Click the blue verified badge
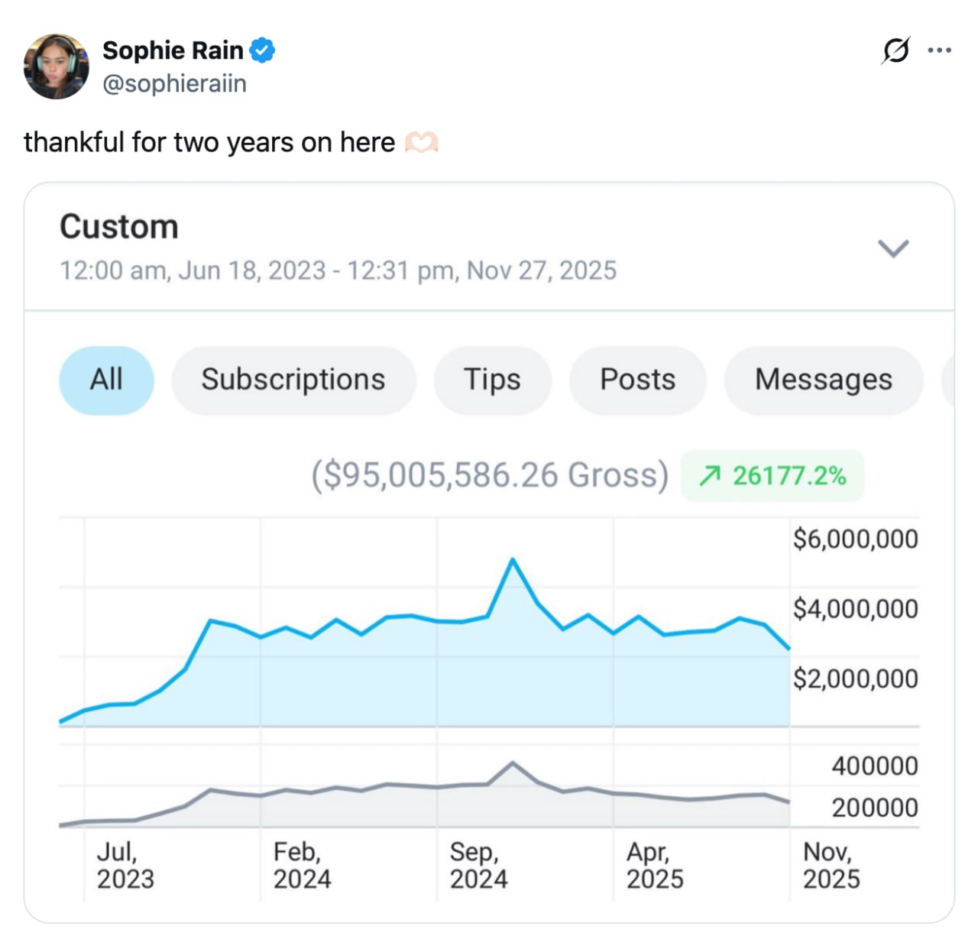pyautogui.click(x=262, y=50)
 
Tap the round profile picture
pyautogui.click(x=57, y=66)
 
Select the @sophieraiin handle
pyautogui.click(x=174, y=83)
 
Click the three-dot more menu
pyautogui.click(x=939, y=50)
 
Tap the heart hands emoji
pyautogui.click(x=421, y=143)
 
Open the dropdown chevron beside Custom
pyautogui.click(x=892, y=248)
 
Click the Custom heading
pyautogui.click(x=119, y=227)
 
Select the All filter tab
pyautogui.click(x=106, y=380)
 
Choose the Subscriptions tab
pyautogui.click(x=293, y=380)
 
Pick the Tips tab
pyautogui.click(x=492, y=380)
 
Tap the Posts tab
pyautogui.click(x=637, y=380)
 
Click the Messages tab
pyautogui.click(x=823, y=380)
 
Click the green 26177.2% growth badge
pyautogui.click(x=772, y=476)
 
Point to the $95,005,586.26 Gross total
pyautogui.click(x=489, y=475)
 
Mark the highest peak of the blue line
pyautogui.click(x=513, y=560)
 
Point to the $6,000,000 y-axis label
pyautogui.click(x=855, y=539)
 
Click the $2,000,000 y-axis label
pyautogui.click(x=855, y=678)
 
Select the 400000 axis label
pyautogui.click(x=874, y=766)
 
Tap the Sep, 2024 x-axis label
pyautogui.click(x=478, y=865)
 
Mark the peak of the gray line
pyautogui.click(x=513, y=763)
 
